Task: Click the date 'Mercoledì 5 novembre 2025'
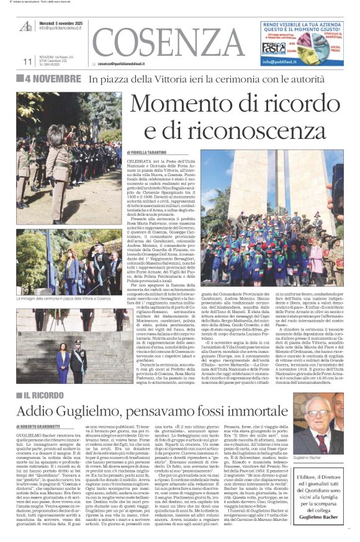click(61, 21)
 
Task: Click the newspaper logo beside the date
click(26, 26)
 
